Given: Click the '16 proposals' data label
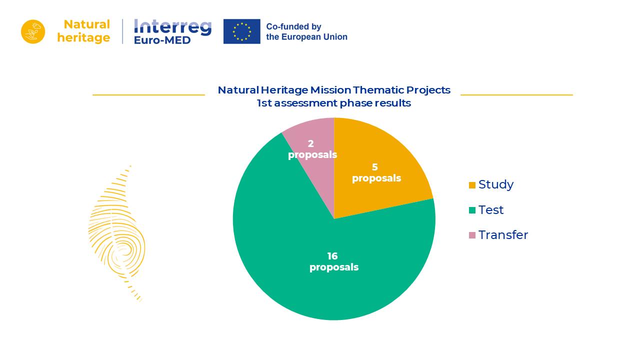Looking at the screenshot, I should (333, 262).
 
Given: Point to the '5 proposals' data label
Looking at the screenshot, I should (376, 173).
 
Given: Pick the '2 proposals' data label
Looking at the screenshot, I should (312, 149).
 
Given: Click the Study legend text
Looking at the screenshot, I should (495, 184).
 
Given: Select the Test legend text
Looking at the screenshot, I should (490, 210).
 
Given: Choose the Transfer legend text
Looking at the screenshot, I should (502, 235).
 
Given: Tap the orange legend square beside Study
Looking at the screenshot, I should (472, 185).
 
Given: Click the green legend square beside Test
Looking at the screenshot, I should (472, 210).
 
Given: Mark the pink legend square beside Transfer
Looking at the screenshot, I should (472, 235).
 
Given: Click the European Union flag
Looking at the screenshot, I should (241, 31).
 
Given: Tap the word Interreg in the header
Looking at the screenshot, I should (172, 26).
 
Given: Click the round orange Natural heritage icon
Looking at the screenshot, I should (33, 31).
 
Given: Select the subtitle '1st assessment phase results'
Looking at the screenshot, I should (333, 103).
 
